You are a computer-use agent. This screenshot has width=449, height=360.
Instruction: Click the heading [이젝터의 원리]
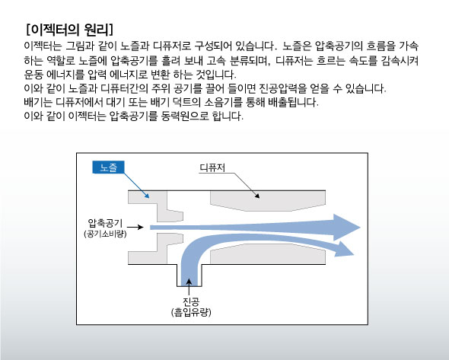coord(69,29)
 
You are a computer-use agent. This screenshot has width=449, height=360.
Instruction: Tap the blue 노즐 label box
coord(108,167)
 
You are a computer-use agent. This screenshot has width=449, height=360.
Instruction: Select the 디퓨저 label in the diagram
coord(212,167)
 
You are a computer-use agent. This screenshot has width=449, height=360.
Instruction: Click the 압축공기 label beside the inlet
coord(105,223)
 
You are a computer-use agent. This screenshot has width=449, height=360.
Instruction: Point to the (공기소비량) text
coord(105,234)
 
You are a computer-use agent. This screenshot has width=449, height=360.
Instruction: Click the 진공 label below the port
coord(191,302)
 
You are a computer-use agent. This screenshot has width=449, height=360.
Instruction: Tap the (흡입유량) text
coord(191,312)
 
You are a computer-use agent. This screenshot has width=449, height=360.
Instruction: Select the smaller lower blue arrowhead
coord(344,250)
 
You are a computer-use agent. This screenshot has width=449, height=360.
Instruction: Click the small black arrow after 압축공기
coord(135,227)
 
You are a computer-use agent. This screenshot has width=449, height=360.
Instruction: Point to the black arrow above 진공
coord(189,287)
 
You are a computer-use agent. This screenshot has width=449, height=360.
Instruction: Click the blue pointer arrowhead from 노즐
coord(147,196)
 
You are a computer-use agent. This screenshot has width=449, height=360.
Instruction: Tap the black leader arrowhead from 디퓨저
coord(257,196)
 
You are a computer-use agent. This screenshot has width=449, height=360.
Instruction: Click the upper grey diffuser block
coord(268,200)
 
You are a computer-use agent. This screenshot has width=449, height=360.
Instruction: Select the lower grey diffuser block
coord(268,254)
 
